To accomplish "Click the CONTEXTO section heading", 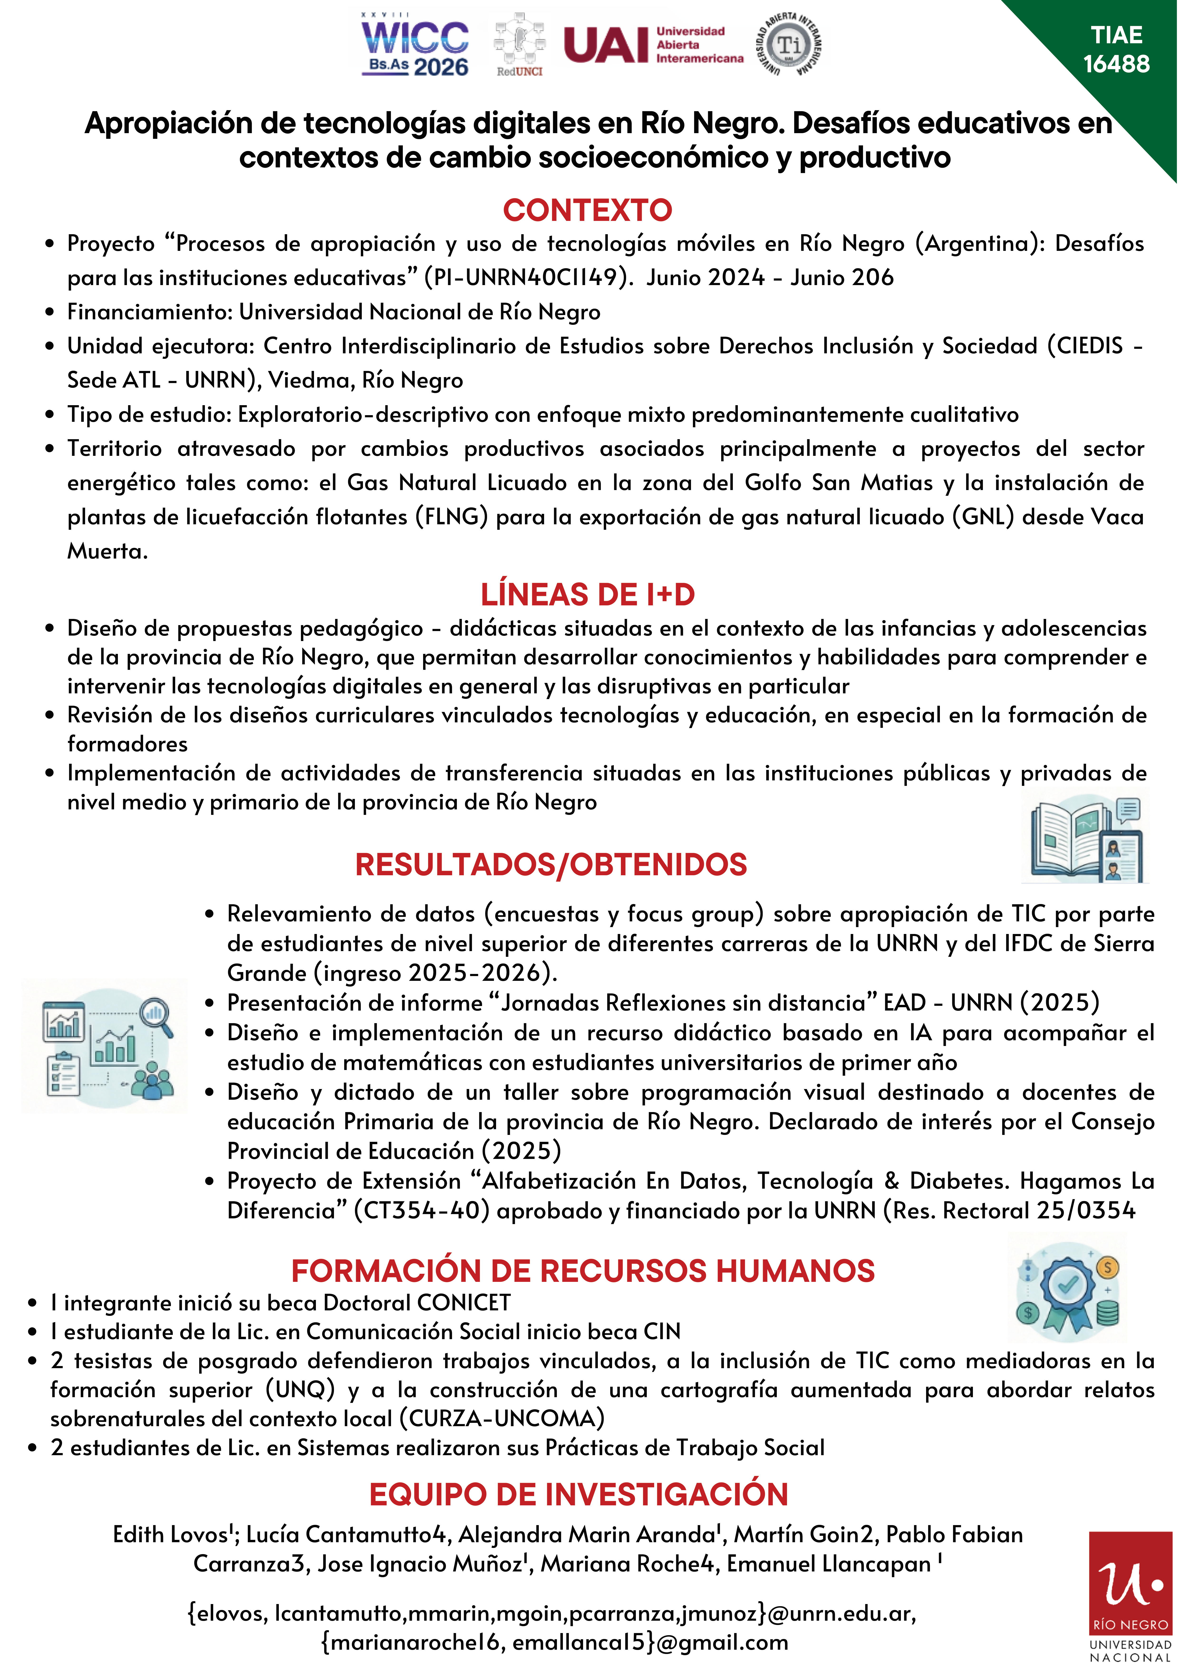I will click(x=588, y=210).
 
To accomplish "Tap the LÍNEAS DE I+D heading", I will click(x=588, y=594).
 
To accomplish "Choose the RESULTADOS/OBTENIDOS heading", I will click(x=551, y=865).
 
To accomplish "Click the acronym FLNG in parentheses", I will click(x=451, y=516).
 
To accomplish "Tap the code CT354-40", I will click(x=421, y=1210).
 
